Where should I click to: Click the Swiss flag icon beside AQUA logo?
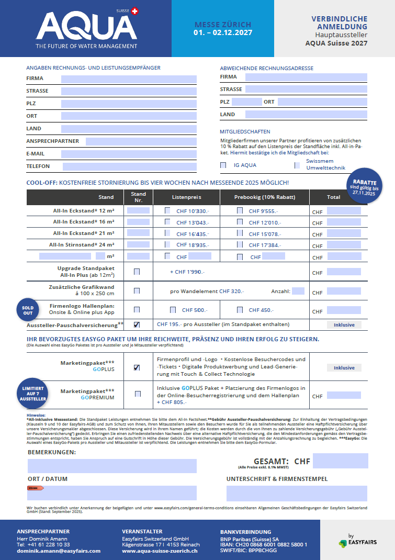[x=135, y=10]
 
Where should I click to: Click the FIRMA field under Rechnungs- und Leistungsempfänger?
[x=129, y=79]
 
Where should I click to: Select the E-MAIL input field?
[x=129, y=154]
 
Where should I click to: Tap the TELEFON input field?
[x=129, y=167]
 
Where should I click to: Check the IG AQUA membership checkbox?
[x=223, y=165]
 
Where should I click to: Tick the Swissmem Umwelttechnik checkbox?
[x=297, y=165]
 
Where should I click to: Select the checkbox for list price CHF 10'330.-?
[x=167, y=211]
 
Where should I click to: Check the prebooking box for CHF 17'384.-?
[x=240, y=244]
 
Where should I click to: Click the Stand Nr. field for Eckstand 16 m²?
[x=138, y=222]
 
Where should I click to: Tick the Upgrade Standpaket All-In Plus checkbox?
[x=137, y=272]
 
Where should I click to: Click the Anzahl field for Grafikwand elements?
[x=298, y=291]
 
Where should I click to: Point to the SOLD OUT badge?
[x=27, y=309]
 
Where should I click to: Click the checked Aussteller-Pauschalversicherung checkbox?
[x=137, y=324]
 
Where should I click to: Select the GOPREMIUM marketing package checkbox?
[x=138, y=394]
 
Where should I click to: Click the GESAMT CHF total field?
[x=336, y=461]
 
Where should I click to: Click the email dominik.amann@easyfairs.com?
[x=59, y=551]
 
